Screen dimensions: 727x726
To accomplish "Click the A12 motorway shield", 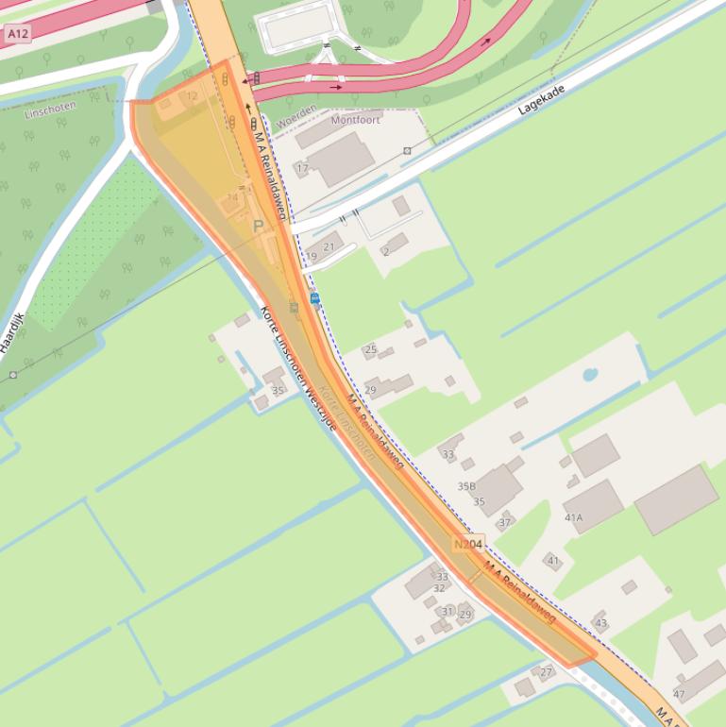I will point(18,33).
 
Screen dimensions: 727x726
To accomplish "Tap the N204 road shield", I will point(468,545).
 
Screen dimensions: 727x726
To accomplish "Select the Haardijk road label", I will point(12,333).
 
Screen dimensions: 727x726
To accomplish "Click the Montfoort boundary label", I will point(355,120).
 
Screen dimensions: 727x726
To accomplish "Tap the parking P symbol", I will point(259,226).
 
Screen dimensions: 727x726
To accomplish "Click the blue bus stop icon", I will point(315,298).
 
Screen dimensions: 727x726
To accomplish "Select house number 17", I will point(302,168).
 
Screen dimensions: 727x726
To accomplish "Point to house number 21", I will point(329,247).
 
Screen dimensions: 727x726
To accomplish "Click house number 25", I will point(370,349).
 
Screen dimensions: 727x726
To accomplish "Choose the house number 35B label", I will point(466,486).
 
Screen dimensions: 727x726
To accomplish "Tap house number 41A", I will point(573,517).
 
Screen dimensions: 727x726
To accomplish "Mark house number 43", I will point(600,623).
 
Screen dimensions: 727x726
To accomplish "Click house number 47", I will point(679,694).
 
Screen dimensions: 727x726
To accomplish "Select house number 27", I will point(546,672).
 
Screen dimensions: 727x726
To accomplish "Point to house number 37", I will point(505,522).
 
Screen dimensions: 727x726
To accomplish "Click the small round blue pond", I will point(590,374).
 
